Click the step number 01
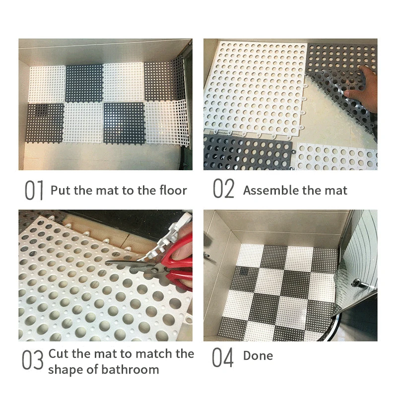point(35,191)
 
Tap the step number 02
point(223,191)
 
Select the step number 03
point(33,361)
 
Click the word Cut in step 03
point(59,354)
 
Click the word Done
point(258,356)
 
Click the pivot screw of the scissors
point(159,269)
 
